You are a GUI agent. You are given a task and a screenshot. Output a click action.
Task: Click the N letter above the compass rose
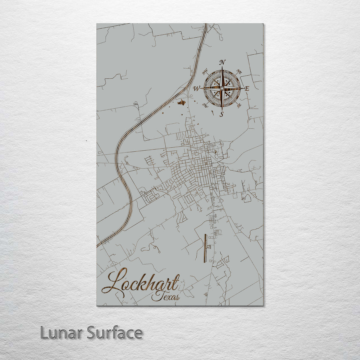(x=223, y=62)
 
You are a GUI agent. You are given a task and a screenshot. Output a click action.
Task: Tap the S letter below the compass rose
(x=221, y=114)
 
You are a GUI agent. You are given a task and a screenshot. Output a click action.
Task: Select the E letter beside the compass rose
(x=247, y=89)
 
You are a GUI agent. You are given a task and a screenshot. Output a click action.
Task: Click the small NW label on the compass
(x=205, y=71)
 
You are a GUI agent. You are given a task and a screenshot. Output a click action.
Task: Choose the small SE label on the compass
(x=239, y=106)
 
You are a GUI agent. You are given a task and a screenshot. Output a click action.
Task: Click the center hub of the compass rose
(x=222, y=88)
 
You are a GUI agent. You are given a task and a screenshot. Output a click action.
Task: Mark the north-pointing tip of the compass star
(x=222, y=68)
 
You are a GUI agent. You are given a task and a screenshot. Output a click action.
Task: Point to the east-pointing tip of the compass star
(x=243, y=88)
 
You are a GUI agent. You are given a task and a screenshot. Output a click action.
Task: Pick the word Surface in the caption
(x=115, y=333)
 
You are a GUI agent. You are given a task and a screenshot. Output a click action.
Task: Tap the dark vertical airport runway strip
(x=205, y=248)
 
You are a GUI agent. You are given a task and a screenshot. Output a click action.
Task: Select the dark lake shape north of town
(x=181, y=103)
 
